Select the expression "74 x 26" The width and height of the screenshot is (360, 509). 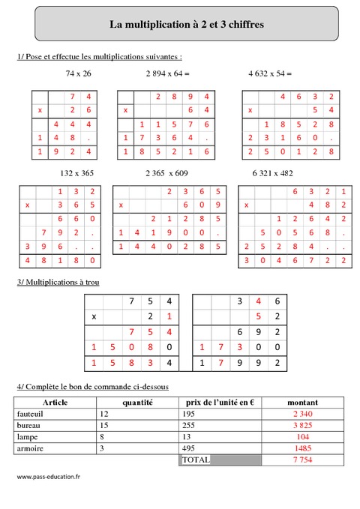click(x=78, y=73)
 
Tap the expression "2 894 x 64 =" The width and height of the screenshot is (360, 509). click(x=168, y=73)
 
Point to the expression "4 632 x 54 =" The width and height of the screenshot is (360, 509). click(x=269, y=73)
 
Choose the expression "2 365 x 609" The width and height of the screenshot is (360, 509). click(x=169, y=172)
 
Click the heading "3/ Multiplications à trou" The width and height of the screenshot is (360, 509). click(x=57, y=282)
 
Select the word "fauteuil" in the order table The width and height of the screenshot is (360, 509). click(x=30, y=414)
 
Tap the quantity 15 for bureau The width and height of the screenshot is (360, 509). click(x=104, y=425)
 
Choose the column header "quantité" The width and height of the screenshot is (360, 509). click(x=137, y=403)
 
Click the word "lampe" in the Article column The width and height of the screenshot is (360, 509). click(x=27, y=436)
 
